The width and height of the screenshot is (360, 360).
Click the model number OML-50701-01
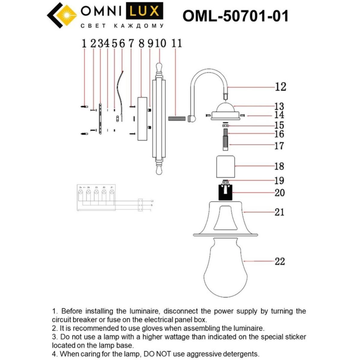pos(235,16)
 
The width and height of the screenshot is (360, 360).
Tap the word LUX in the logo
pos(146,11)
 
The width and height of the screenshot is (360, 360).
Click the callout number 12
pos(280,87)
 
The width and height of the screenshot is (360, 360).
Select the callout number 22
pos(280,261)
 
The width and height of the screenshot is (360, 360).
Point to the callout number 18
pos(279,166)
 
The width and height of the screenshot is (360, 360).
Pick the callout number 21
pos(279,212)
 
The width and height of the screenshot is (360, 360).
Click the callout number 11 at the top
pos(177,43)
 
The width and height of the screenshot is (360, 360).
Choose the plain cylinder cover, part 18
pos(225,166)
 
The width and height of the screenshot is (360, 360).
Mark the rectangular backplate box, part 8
pos(142,118)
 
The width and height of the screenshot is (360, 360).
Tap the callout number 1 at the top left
pos(84,43)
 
